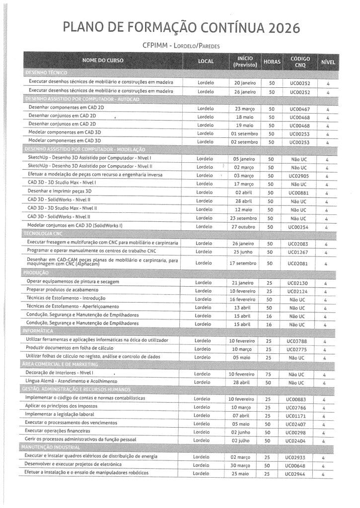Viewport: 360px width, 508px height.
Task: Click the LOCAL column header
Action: [206, 62]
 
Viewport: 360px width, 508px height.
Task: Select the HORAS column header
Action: [272, 62]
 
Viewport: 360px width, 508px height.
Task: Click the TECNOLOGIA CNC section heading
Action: [43, 233]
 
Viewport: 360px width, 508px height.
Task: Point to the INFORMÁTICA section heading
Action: [38, 330]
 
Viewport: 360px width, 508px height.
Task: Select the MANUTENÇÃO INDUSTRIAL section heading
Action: [51, 447]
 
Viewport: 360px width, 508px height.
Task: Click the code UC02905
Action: [300, 176]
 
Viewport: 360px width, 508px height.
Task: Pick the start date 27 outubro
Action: [243, 227]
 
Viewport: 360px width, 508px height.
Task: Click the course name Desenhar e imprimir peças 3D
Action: [60, 191]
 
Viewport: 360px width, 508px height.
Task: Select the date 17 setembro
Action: [243, 263]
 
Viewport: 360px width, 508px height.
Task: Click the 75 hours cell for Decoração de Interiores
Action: [268, 374]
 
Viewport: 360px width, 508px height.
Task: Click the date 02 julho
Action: [241, 440]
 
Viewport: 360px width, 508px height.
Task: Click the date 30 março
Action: [241, 465]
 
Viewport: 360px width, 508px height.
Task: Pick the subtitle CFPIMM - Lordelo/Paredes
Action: [181, 46]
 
